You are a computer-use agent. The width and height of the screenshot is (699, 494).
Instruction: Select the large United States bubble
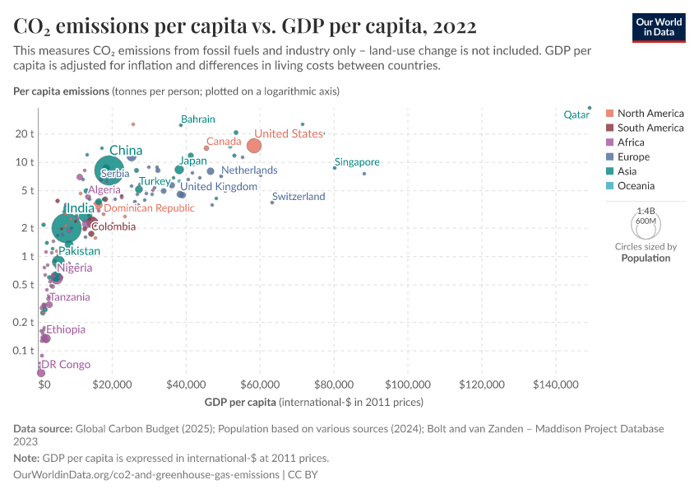(x=254, y=146)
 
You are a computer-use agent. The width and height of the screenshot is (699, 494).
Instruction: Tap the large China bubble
(x=109, y=170)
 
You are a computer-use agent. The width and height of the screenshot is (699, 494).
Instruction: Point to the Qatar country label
(x=576, y=115)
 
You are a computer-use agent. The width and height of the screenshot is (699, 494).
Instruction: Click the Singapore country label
(x=357, y=162)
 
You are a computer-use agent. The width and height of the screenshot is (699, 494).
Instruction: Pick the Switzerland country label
(x=299, y=197)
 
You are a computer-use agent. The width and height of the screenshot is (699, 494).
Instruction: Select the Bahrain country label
(x=197, y=119)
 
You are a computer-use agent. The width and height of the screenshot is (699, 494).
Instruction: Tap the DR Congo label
(x=66, y=365)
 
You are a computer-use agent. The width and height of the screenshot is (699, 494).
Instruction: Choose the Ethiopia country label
(x=65, y=329)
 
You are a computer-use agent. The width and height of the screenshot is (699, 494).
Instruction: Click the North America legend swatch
(x=609, y=114)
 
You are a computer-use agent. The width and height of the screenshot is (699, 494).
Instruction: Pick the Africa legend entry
(x=632, y=142)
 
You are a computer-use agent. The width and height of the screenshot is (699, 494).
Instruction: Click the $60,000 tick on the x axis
(x=261, y=384)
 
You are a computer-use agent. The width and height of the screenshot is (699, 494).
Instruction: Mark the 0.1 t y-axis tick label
(x=24, y=351)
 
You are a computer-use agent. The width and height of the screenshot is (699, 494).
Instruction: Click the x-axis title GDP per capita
(x=239, y=403)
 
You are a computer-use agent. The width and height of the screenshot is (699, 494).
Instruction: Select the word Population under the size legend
(x=646, y=258)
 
